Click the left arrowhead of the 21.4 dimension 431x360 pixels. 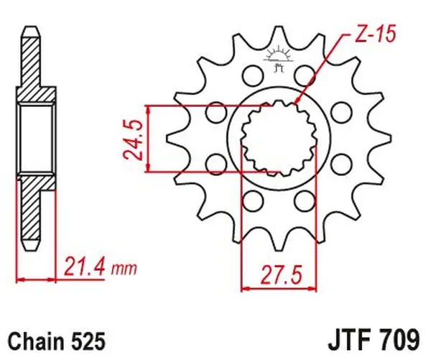[18, 278]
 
